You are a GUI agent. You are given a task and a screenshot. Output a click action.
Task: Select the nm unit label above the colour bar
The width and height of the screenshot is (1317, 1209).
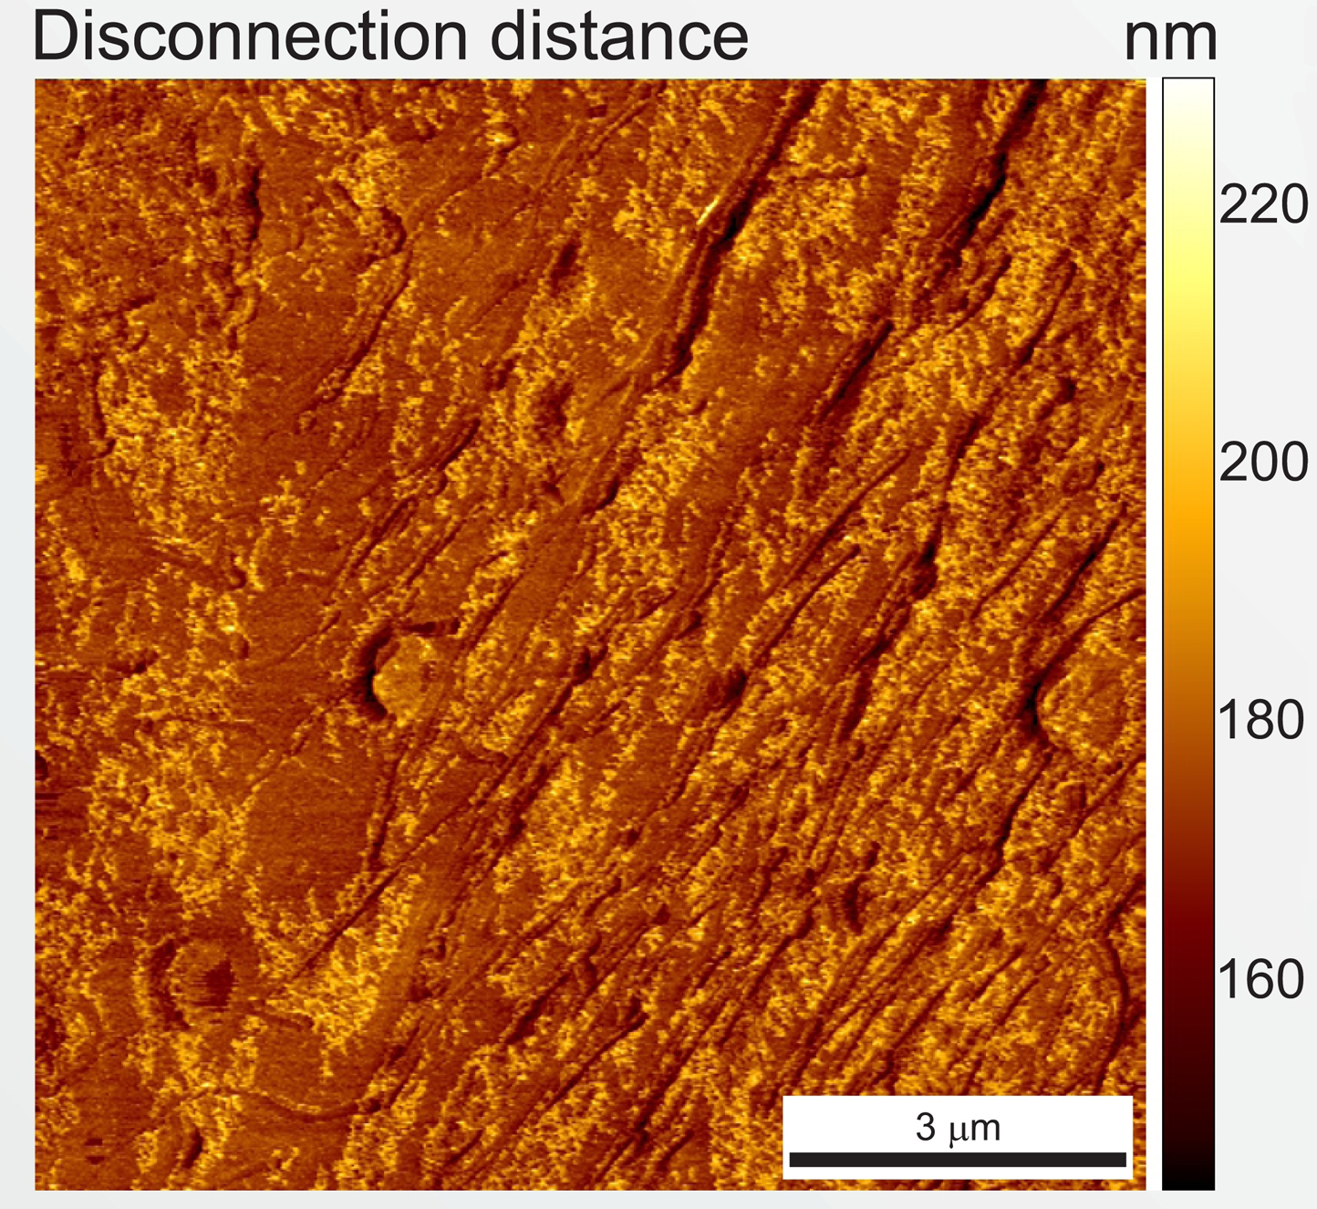coord(1170,41)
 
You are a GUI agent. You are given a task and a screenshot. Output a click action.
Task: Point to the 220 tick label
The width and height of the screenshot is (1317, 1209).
coord(1263,204)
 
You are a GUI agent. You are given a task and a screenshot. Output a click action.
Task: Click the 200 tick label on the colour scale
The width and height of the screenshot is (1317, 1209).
coord(1263,462)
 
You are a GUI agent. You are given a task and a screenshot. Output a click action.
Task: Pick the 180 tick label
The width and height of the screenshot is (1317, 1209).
coord(1261,720)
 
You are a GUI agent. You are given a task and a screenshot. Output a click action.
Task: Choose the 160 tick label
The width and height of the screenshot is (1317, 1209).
coord(1261,979)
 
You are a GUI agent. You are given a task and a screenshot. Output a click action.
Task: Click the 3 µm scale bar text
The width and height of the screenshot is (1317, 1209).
coord(958,1128)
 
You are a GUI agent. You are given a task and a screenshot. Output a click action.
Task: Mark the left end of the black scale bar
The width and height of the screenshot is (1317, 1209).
coord(791,1160)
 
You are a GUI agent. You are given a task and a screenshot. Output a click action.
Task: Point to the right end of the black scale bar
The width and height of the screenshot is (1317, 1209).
coord(1125,1160)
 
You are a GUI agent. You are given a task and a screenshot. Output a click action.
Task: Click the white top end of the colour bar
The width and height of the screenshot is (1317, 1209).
coord(1188,81)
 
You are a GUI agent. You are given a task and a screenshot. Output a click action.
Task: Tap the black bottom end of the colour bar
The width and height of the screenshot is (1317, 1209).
coord(1188,1186)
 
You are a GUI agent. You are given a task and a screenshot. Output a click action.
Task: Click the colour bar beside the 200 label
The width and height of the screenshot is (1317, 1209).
coord(1188,462)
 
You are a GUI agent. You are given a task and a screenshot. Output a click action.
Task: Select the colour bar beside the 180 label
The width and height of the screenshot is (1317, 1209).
coord(1188,720)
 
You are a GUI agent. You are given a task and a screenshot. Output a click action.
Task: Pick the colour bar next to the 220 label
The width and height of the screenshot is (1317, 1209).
coord(1188,204)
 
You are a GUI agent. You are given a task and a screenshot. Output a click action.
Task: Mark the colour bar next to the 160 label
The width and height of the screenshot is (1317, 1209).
coord(1188,979)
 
